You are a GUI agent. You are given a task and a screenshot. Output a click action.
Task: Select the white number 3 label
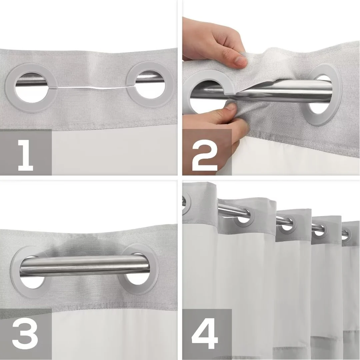click(25, 334)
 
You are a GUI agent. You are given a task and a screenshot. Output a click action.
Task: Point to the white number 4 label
click(205, 334)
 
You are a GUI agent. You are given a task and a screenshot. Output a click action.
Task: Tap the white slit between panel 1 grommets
click(92, 88)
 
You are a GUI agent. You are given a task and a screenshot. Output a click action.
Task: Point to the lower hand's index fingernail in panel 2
click(231, 107)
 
